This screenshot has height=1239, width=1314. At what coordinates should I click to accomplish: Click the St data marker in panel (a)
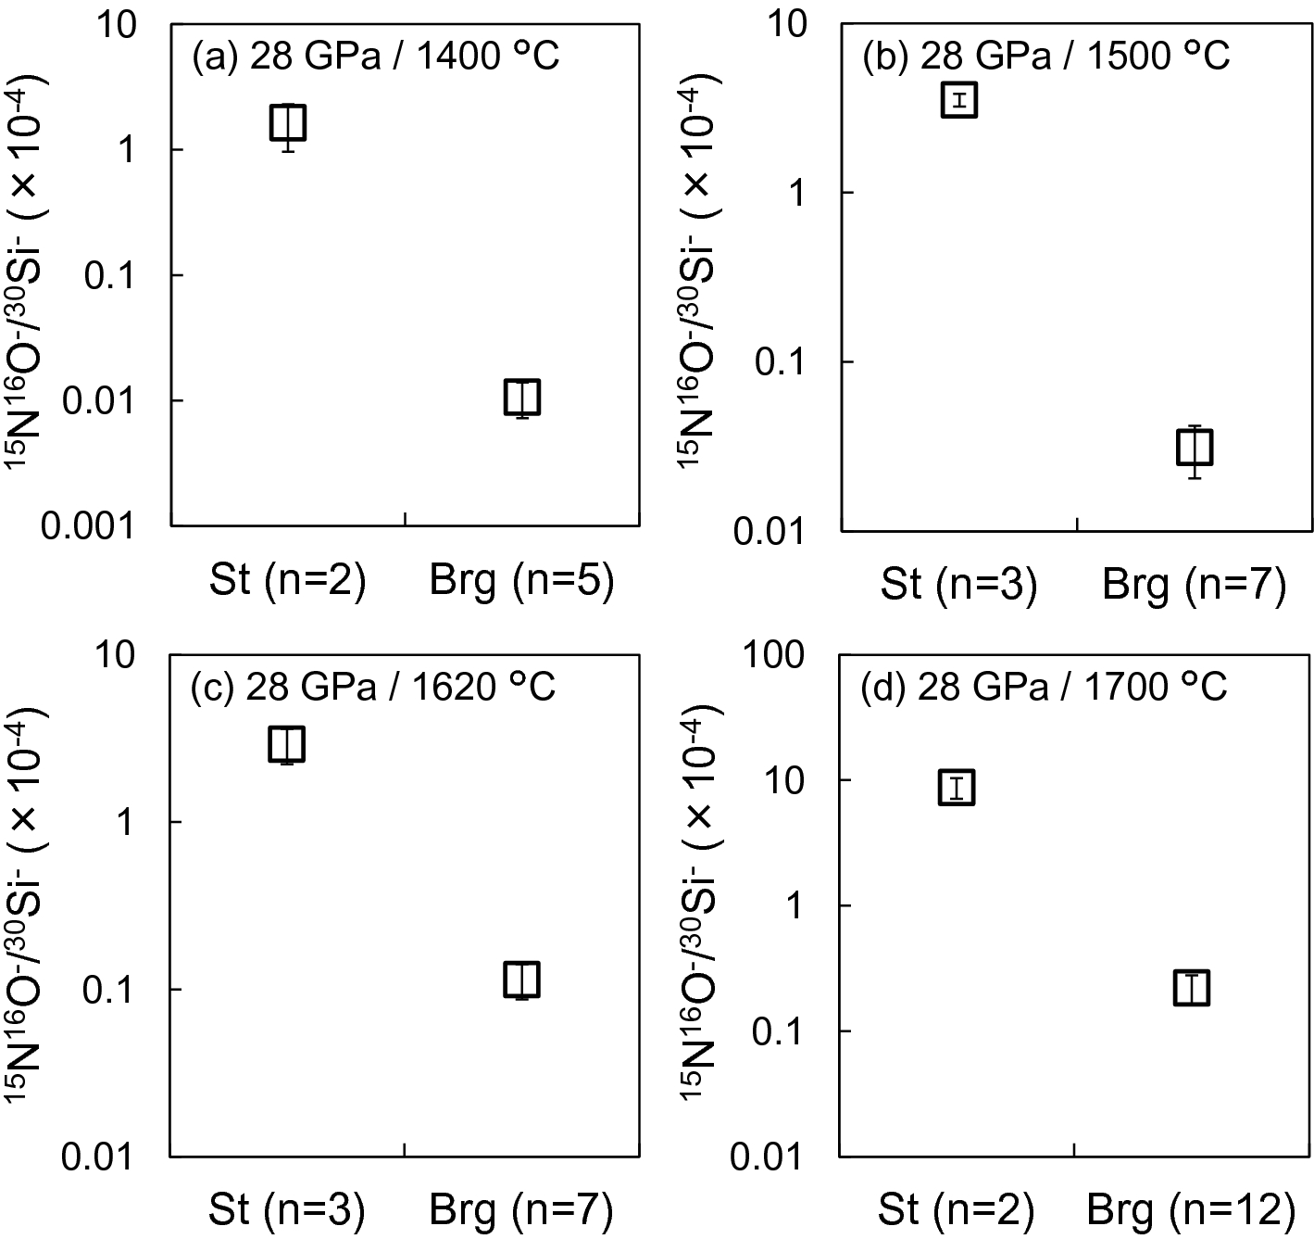coord(288,122)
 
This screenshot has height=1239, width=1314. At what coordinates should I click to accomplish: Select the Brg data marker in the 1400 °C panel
coord(522,398)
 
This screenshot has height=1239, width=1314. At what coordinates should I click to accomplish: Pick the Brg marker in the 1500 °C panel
coord(1195,449)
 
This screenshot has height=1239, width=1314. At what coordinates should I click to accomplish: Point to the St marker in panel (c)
coord(287,744)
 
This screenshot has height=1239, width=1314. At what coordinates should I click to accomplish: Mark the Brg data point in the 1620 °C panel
coord(522,980)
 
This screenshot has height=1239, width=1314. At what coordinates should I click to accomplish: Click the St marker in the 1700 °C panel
coord(957,787)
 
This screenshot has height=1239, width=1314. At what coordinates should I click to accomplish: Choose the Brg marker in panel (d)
coord(1192,988)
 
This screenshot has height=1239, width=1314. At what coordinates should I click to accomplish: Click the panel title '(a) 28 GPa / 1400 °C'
coord(375,57)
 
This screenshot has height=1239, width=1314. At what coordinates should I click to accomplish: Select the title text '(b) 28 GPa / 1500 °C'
coord(1045,57)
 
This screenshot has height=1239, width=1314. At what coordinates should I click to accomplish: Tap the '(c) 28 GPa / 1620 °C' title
coord(373,688)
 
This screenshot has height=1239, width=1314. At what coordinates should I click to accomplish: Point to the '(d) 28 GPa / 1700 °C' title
coord(1044,688)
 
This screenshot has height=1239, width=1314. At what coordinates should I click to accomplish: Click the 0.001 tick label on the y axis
coord(88,525)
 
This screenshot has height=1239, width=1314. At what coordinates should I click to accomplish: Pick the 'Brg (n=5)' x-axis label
coord(522,581)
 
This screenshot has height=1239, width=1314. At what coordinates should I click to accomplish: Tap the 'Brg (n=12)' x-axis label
coord(1191,1210)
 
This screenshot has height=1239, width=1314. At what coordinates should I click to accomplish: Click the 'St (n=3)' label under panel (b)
coord(958,585)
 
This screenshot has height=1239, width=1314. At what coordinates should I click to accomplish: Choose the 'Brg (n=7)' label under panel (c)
coord(521,1210)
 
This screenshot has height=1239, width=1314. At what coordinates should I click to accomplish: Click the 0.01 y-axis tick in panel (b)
coord(768,532)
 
